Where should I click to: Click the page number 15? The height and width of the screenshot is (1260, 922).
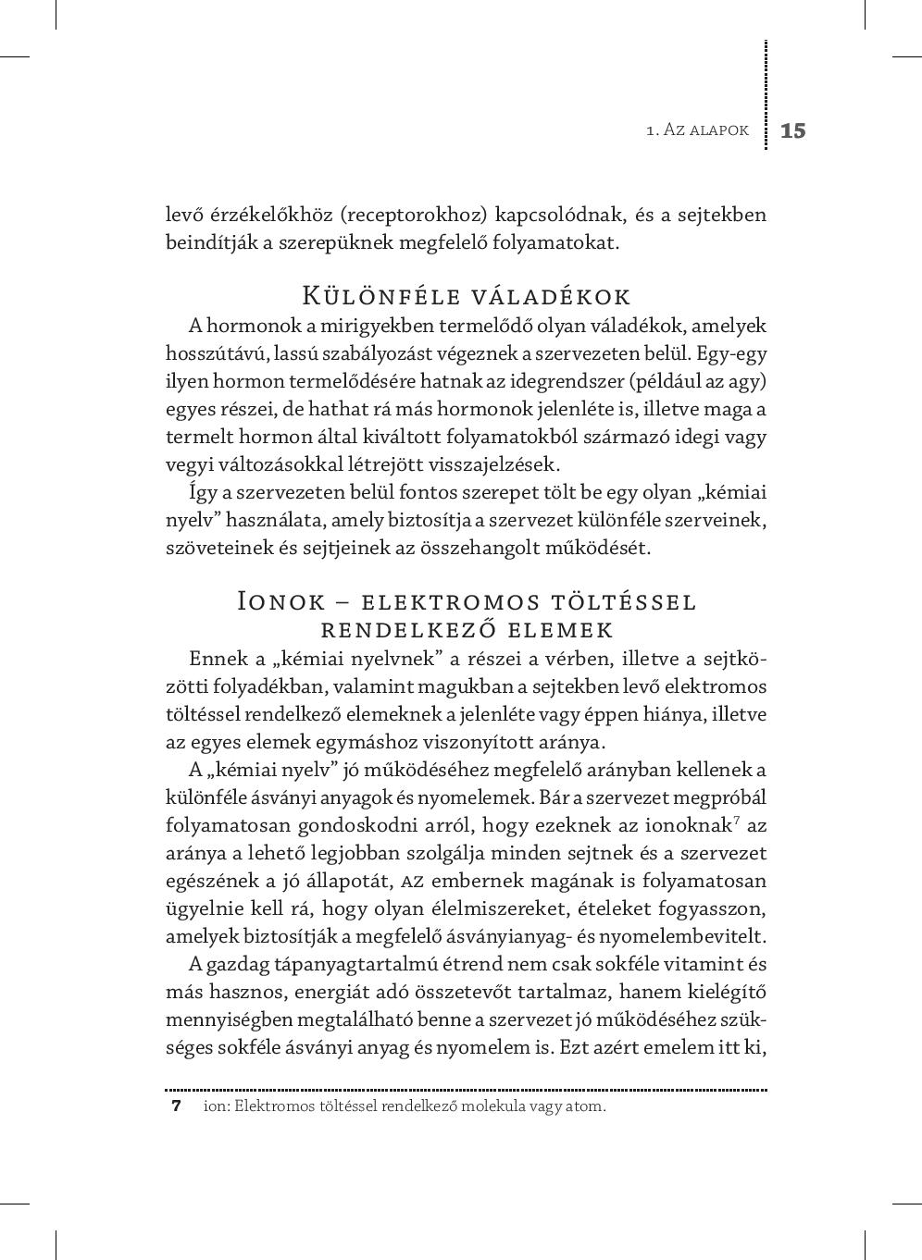793,130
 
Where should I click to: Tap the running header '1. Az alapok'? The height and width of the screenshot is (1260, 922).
697,130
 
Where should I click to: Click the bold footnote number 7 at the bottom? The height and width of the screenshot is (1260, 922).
176,1106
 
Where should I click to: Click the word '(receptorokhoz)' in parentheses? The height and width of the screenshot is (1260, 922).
414,216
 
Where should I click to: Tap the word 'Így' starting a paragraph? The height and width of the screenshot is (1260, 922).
203,492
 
